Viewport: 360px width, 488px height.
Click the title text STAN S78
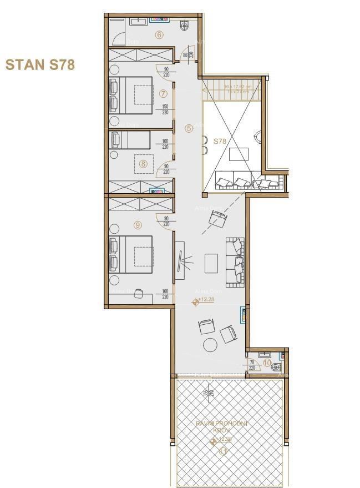tap(40, 64)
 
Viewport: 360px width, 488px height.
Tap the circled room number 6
tap(159, 34)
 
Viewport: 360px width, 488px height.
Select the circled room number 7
tap(163, 93)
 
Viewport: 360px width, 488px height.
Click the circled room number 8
tap(143, 163)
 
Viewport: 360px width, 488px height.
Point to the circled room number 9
tap(138, 224)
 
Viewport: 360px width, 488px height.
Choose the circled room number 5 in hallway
tap(189, 128)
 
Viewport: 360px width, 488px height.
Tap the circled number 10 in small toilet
tap(267, 363)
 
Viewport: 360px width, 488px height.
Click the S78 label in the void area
tap(220, 142)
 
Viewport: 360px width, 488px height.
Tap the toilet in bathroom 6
tap(184, 25)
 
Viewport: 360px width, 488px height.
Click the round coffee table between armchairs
tap(210, 345)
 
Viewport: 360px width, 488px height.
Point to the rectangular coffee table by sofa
tap(211, 263)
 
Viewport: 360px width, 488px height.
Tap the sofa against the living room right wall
tap(235, 260)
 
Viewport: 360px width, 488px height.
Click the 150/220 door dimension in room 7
tap(165, 109)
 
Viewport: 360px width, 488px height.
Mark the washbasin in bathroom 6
tap(138, 22)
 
